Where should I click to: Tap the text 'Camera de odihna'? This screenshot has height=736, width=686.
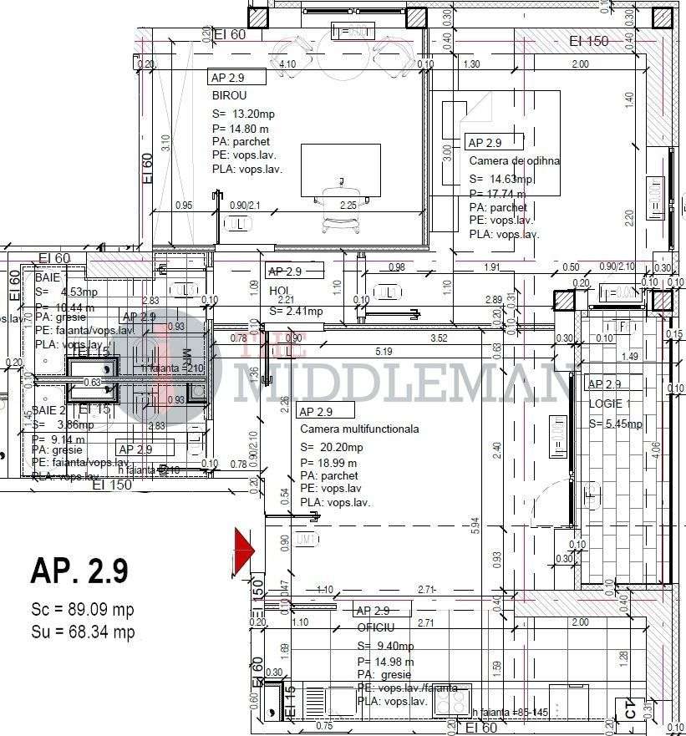[x=514, y=160]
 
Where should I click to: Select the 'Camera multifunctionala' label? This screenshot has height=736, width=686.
[x=359, y=429]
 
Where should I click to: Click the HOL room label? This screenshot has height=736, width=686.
[x=278, y=291]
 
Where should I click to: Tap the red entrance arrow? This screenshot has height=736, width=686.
[x=243, y=547]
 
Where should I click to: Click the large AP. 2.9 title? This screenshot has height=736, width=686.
[x=79, y=571]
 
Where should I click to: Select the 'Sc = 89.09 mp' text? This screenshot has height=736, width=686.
[x=82, y=610]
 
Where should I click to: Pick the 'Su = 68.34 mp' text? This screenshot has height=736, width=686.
[x=82, y=632]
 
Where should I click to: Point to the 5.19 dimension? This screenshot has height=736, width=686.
[x=384, y=351]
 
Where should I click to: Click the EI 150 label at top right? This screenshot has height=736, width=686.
[x=589, y=41]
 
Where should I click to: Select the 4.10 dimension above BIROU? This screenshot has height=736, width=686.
[x=287, y=64]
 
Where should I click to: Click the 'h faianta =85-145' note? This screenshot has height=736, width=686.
[x=510, y=713]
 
